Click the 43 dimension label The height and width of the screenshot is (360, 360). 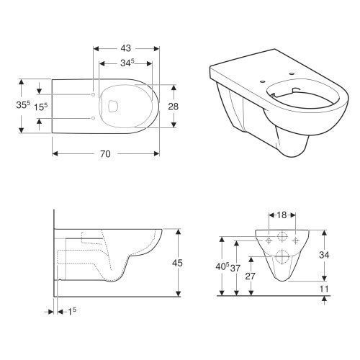click(x=126, y=48)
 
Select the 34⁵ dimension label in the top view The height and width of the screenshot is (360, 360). click(x=127, y=63)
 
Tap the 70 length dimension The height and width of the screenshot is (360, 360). click(x=105, y=153)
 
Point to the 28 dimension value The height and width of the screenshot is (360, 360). click(x=173, y=106)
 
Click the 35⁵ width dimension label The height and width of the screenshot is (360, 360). click(x=23, y=104)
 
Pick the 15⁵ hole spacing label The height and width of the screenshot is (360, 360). click(x=40, y=107)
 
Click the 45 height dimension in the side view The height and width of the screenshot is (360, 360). click(x=177, y=263)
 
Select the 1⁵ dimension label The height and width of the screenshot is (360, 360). click(x=72, y=312)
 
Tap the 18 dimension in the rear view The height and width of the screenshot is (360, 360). click(x=282, y=215)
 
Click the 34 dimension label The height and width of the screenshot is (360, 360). click(x=324, y=255)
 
